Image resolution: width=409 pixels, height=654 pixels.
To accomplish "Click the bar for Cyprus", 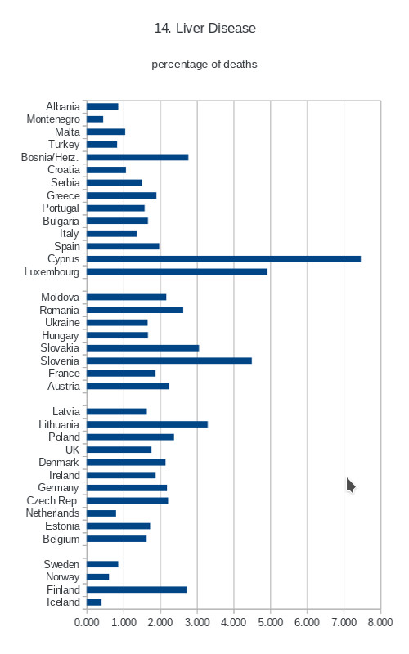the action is coord(223,259).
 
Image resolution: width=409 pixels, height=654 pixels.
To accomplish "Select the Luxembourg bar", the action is coord(177,272).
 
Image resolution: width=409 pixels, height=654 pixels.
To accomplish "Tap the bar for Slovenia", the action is coord(169,361).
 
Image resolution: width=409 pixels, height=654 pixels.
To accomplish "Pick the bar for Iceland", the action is coord(94,602).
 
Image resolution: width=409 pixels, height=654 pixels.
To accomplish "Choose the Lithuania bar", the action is coord(147,424).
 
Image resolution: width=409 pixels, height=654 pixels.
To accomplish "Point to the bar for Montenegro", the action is coord(95,119).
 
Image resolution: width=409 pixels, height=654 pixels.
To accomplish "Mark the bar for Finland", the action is coord(137,589).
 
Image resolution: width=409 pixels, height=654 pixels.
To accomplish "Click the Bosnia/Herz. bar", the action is coord(137,157).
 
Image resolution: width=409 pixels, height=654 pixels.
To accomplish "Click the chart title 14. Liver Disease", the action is coord(205,28).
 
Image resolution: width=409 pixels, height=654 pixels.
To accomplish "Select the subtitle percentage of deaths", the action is coord(204,65).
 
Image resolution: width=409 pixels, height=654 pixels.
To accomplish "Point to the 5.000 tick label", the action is coord(271,622).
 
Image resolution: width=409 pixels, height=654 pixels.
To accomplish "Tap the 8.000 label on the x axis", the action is coord(380,622).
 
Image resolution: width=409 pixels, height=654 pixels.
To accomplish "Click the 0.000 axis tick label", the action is coord(87,622).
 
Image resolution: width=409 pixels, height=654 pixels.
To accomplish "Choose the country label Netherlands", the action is coord(52,513).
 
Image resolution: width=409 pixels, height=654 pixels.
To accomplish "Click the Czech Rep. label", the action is coord(52,500).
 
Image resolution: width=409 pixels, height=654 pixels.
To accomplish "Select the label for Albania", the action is coord(63,107).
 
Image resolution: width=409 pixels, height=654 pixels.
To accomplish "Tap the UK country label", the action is coord(72,450).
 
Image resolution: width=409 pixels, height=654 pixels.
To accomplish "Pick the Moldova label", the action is coord(60,297).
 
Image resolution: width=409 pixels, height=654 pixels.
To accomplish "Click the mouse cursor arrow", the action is coord(351,486).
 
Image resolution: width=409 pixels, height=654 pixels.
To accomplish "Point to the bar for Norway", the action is coord(97,577).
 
